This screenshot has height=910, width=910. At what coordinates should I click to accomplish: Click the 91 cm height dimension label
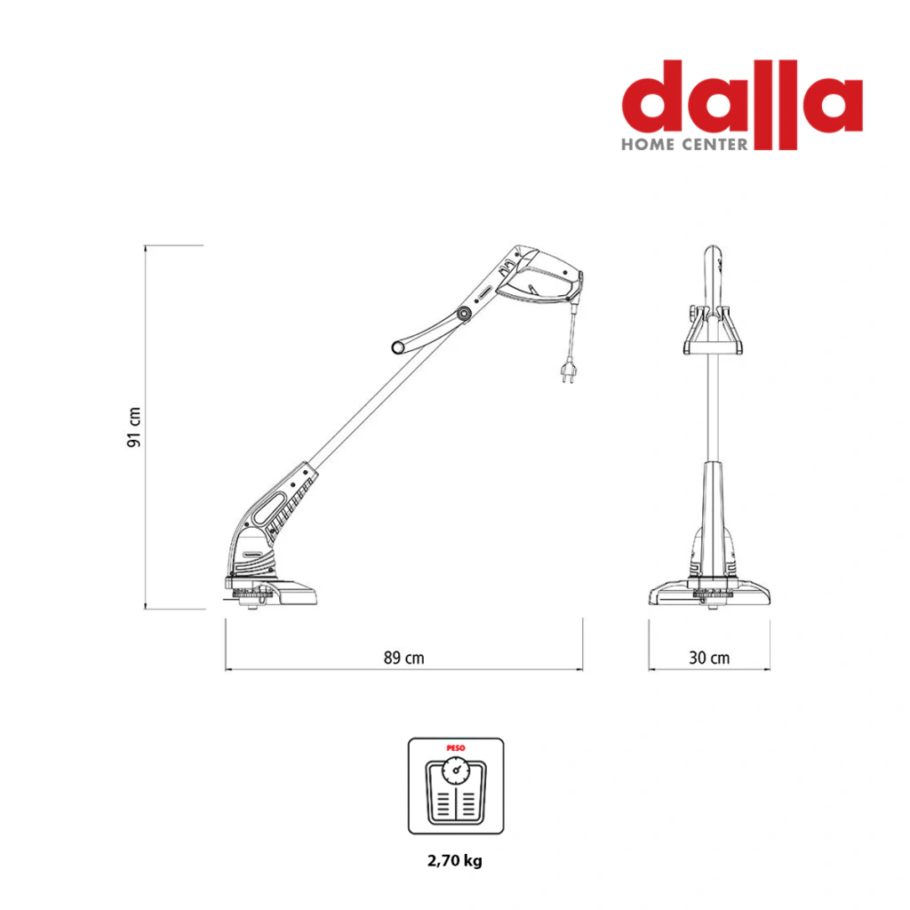134,427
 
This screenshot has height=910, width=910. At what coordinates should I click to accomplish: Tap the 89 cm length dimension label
404,658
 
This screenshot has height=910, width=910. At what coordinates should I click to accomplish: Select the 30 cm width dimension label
709,658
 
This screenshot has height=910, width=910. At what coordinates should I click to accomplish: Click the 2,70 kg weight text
455,860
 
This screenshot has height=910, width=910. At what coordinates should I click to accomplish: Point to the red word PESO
456,748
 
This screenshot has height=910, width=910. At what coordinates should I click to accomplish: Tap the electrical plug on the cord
568,370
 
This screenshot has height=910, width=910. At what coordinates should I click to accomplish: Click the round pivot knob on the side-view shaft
463,314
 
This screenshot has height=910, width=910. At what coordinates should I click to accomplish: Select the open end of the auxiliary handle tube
398,347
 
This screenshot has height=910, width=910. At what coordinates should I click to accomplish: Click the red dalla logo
742,105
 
